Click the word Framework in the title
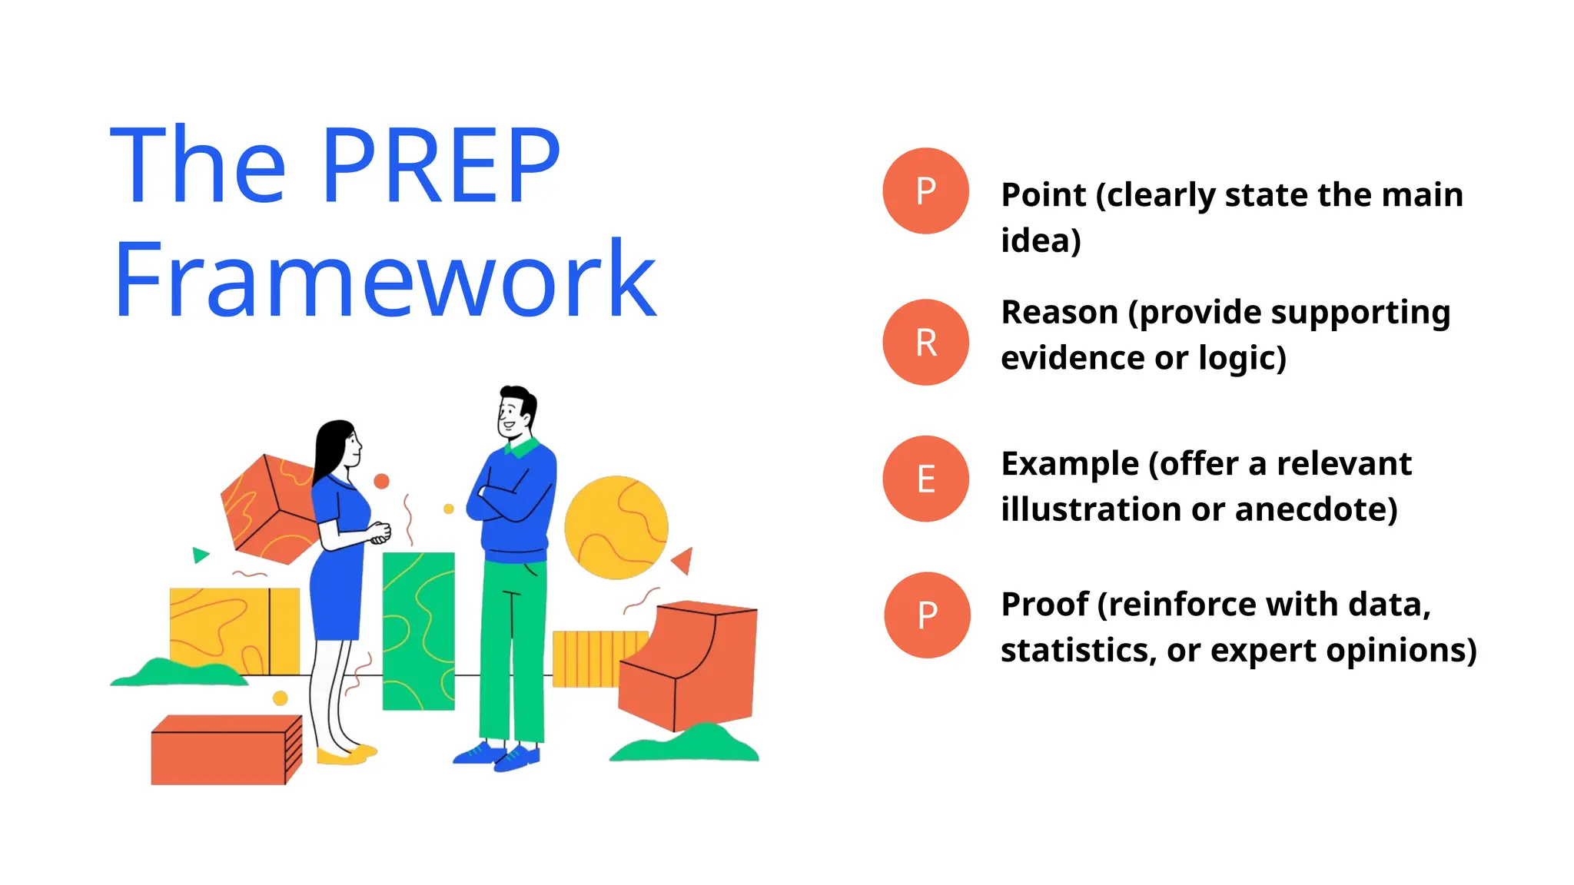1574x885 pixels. click(x=384, y=280)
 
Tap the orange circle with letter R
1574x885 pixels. click(x=926, y=343)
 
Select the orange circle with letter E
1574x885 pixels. click(x=926, y=479)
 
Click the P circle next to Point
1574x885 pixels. click(x=926, y=191)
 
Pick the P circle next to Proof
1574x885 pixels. click(x=927, y=615)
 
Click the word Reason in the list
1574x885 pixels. click(x=1059, y=313)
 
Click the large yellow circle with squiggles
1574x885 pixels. click(x=616, y=528)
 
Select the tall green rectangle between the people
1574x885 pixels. click(x=419, y=630)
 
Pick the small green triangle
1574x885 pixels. click(x=200, y=555)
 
